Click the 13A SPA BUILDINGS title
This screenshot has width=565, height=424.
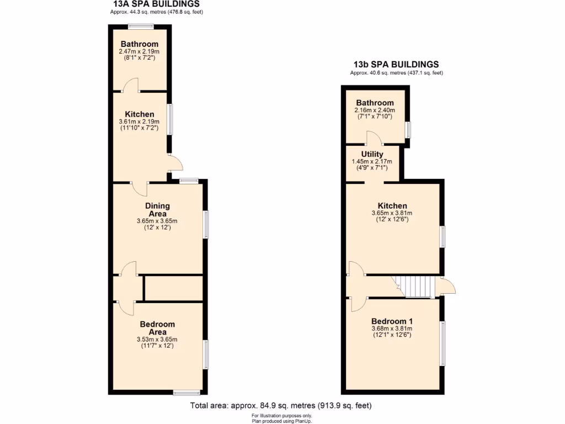157,4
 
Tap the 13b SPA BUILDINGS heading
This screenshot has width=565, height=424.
396,64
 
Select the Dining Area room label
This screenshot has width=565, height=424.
157,210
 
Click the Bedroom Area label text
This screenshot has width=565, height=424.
157,328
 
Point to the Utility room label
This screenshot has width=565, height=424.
372,154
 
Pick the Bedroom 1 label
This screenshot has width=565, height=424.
392,321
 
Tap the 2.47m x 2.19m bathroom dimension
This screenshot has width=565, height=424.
139,51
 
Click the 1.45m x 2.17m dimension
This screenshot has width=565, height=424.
372,161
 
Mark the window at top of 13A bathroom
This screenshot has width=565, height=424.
141,26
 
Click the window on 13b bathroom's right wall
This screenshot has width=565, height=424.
408,129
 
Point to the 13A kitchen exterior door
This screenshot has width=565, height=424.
175,163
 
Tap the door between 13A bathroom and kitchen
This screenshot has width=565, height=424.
130,86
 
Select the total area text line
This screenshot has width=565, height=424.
281,406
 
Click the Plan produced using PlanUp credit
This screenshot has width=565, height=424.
282,421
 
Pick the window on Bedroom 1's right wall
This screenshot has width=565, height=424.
441,343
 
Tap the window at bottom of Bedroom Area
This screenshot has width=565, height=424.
186,393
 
